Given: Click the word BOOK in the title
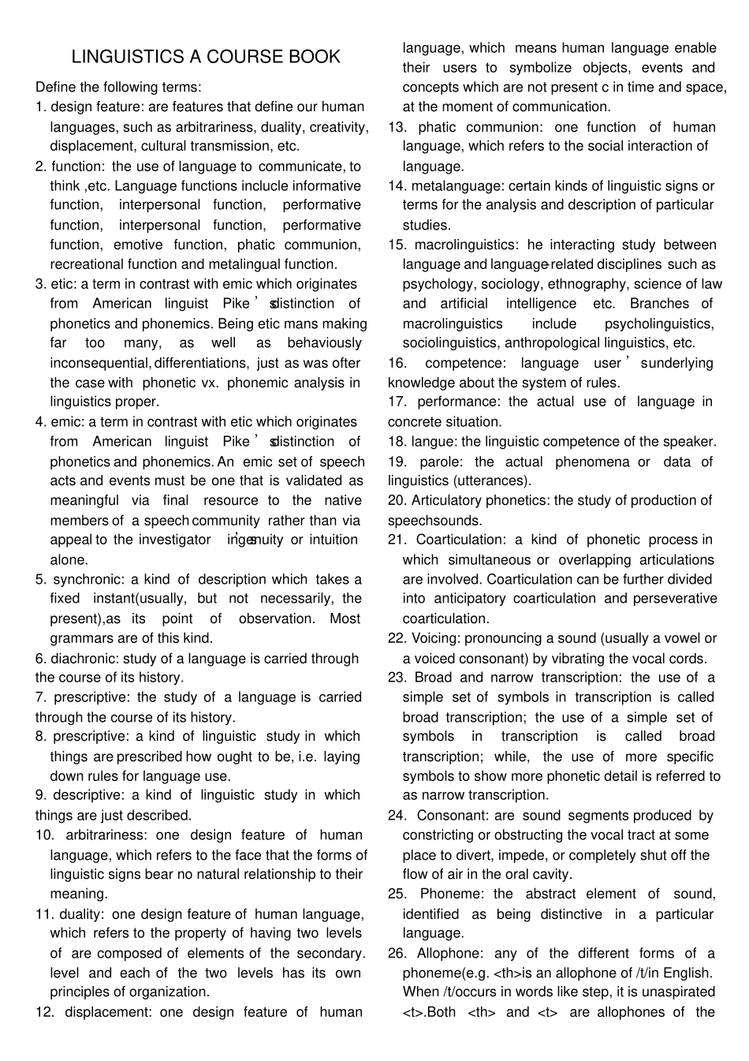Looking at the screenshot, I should (x=315, y=57).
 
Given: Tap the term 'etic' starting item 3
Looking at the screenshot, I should (x=64, y=284).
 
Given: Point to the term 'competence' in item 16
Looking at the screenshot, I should (x=465, y=363).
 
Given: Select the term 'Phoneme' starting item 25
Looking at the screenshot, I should (x=450, y=894).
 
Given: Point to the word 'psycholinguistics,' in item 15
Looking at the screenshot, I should (x=659, y=323).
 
